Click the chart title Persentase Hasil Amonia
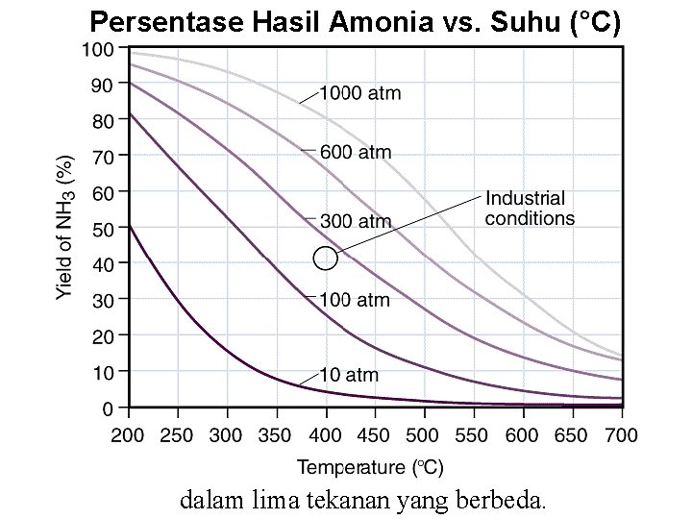(x=355, y=23)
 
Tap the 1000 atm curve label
(x=359, y=94)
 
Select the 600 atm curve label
(x=355, y=152)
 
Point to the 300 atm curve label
(x=355, y=222)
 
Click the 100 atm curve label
(x=355, y=300)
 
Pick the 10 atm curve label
(x=349, y=375)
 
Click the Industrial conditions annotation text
(x=530, y=209)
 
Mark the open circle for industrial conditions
(x=326, y=259)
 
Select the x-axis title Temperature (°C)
(x=370, y=468)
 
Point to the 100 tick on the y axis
(x=100, y=48)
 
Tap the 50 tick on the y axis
(x=104, y=228)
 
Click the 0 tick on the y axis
(x=109, y=408)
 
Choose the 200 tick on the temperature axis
(x=129, y=434)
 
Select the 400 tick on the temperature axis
(x=326, y=434)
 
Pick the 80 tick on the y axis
(x=104, y=120)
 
